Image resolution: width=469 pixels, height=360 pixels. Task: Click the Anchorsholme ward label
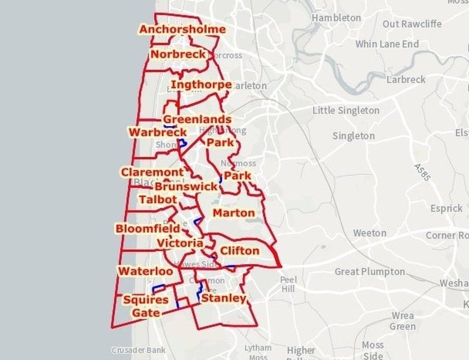pos(182,29)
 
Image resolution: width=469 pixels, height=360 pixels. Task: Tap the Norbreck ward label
pos(178,54)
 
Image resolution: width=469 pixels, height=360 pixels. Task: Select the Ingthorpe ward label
pos(201,85)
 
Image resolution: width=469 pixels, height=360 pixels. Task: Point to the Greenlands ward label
pos(197,119)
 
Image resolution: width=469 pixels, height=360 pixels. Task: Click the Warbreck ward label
pos(158,132)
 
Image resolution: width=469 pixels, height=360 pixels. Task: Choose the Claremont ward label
pos(152,172)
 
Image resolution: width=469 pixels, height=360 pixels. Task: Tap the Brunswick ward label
pos(186,186)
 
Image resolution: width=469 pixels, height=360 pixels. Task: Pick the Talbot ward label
pos(158,199)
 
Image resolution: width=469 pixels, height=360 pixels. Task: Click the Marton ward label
pos(234,212)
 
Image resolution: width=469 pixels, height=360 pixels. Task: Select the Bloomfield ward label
pos(148,228)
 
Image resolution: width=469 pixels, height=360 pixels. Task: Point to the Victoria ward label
pos(180,243)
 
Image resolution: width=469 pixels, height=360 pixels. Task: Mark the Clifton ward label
pos(239,250)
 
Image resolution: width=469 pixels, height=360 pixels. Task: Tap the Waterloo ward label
pos(146,272)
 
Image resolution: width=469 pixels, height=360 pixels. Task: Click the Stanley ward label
pos(223,298)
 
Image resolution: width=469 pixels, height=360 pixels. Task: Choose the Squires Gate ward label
pos(146,306)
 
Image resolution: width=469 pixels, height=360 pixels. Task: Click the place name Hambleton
pos(336,18)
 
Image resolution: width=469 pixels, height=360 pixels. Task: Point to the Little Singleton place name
pos(346,111)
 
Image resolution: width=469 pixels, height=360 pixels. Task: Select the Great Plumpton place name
pos(370,272)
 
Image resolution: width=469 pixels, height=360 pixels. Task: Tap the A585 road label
pos(422,172)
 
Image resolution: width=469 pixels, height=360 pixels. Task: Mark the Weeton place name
pos(370,233)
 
